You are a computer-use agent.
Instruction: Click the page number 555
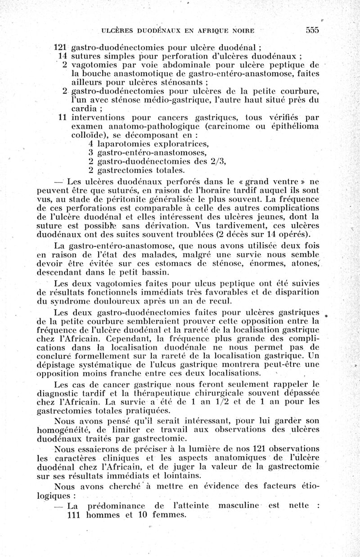[x=312, y=30]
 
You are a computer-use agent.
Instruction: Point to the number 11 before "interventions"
[x=63, y=118]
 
